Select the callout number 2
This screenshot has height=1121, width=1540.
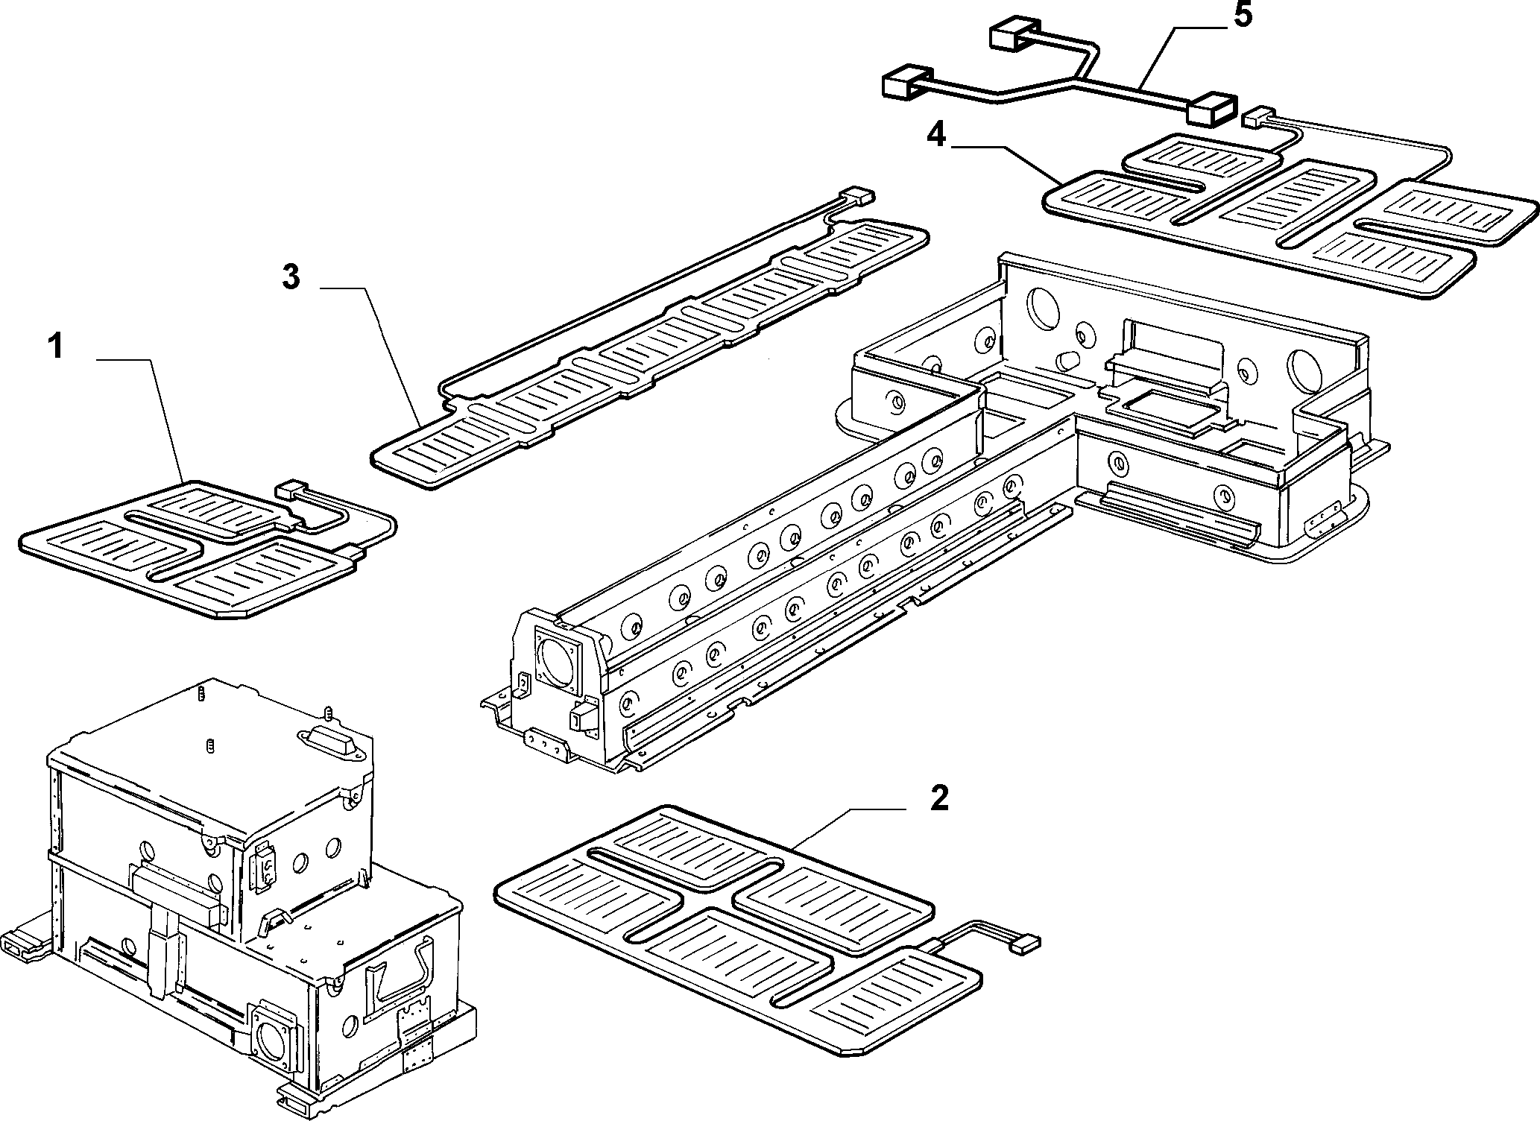pyautogui.click(x=939, y=798)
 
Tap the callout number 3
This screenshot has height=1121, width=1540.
pyautogui.click(x=290, y=277)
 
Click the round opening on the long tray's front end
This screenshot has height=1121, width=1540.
pyautogui.click(x=557, y=656)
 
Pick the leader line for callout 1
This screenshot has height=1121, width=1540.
pyautogui.click(x=142, y=421)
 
